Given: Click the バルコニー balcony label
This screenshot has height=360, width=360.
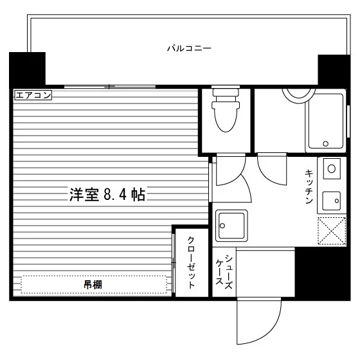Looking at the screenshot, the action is (189, 48).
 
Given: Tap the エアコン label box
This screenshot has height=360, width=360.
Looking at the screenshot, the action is (33, 95).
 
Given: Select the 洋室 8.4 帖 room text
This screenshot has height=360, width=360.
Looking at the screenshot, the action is (107, 195).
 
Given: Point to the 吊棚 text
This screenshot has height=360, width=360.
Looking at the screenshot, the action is (93, 285).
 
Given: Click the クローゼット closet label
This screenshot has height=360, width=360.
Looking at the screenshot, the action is (192, 262).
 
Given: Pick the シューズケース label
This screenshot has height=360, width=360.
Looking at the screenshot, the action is (224, 272).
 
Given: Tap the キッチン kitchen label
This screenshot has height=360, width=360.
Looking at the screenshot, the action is (309, 186).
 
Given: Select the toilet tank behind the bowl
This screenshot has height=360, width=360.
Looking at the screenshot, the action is (226, 93).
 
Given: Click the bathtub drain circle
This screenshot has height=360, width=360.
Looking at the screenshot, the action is (325, 144).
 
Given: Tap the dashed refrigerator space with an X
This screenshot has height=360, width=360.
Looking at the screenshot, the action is (332, 231).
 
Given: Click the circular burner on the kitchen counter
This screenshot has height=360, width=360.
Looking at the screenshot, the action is (332, 169).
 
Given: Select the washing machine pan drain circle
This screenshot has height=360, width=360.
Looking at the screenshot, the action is (222, 226).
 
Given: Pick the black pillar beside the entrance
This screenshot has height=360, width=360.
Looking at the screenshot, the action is (322, 273).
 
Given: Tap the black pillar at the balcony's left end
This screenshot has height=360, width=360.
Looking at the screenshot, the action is (27, 69).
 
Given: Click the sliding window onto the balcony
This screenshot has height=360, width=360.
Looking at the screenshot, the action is (110, 87).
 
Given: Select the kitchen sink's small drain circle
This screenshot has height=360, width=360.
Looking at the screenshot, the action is (337, 201).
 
